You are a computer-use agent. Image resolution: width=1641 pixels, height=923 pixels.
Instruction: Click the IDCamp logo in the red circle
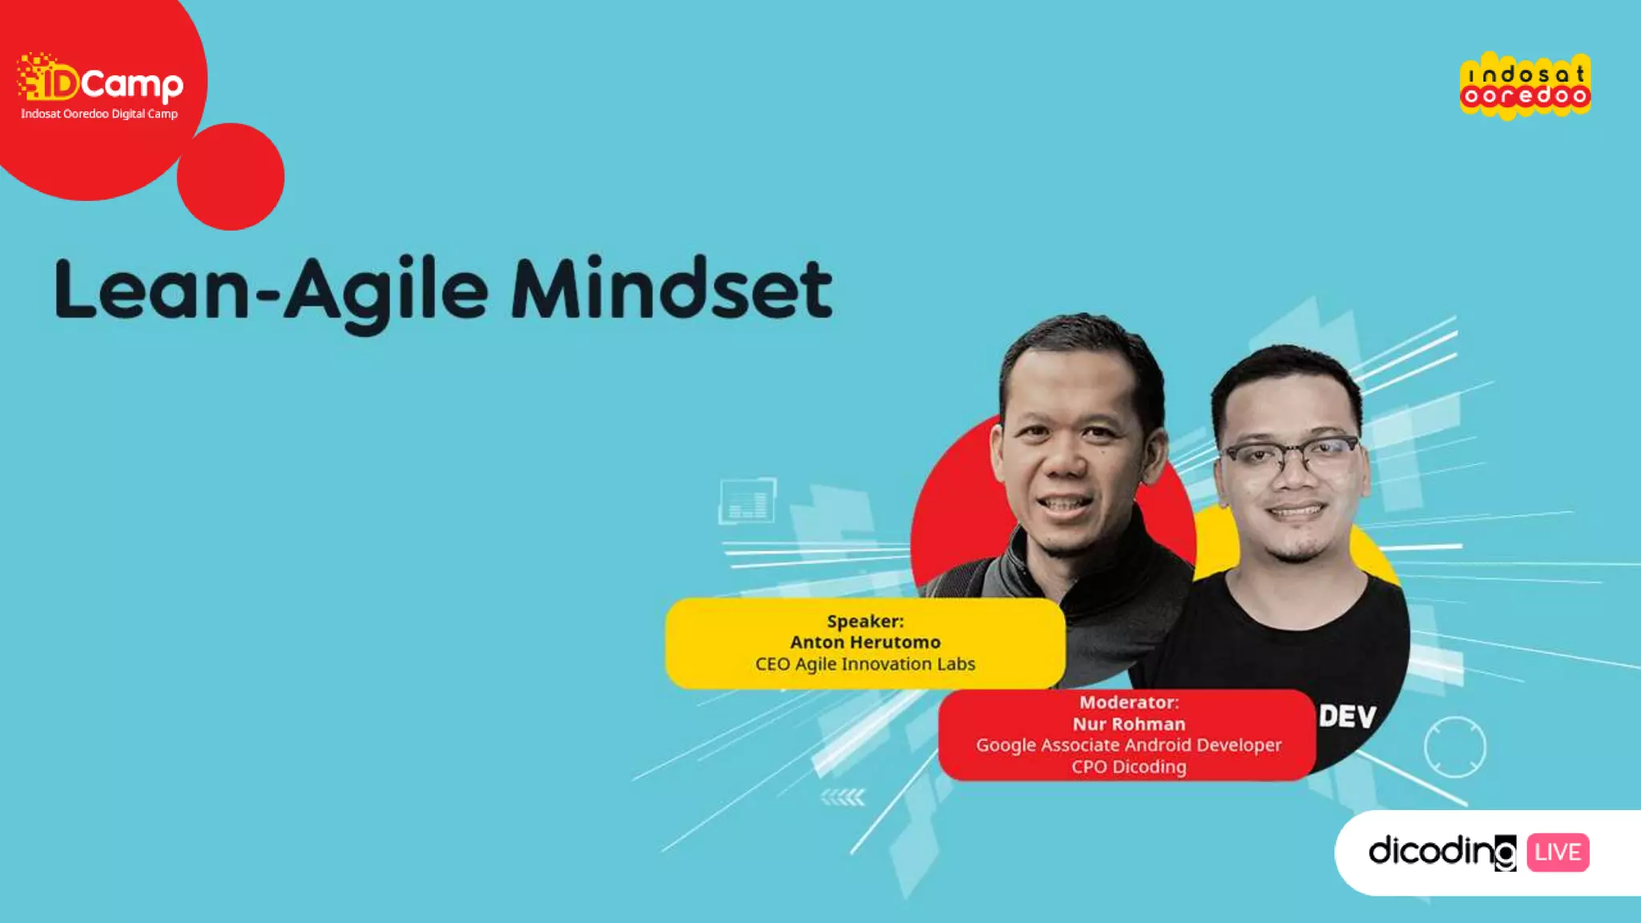tap(100, 80)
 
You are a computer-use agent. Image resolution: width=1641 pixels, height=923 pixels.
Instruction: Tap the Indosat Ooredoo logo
tap(1525, 86)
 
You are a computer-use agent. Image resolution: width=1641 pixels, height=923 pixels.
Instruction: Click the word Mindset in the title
tap(671, 290)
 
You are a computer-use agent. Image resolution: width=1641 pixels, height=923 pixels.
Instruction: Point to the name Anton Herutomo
tap(865, 643)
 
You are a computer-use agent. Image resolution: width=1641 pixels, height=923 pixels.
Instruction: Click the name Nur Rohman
tap(1128, 724)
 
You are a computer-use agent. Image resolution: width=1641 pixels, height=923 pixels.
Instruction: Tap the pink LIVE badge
tap(1558, 852)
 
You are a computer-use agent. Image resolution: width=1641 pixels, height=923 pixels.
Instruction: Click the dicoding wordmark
tap(1441, 852)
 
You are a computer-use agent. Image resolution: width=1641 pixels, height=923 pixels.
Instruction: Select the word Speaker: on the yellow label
tap(865, 621)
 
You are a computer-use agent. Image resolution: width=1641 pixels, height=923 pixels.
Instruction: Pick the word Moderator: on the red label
tap(1128, 703)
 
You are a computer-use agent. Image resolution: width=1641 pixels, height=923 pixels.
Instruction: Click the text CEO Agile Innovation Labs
tap(865, 664)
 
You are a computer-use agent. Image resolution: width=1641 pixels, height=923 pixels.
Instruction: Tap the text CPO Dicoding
tap(1128, 767)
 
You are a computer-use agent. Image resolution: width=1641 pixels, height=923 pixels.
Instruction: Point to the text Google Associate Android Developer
tap(1128, 745)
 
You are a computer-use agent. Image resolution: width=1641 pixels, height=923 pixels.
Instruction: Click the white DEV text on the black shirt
tap(1347, 716)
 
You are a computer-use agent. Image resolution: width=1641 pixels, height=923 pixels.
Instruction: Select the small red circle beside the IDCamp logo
tap(231, 177)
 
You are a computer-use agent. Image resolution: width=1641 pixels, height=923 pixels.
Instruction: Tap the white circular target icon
tap(1454, 747)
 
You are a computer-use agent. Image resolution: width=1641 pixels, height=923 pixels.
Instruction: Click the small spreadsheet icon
tap(747, 501)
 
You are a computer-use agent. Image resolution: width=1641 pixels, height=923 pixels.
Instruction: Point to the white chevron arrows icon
tap(843, 797)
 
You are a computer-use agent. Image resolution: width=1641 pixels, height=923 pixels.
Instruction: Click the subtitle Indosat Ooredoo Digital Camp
tap(99, 114)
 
